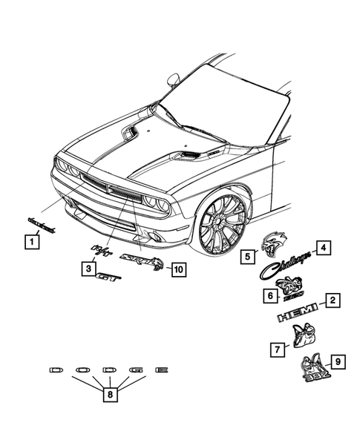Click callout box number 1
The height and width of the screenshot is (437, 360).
tap(30, 241)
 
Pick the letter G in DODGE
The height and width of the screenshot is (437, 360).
tap(134, 369)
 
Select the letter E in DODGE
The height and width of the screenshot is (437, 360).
tap(161, 369)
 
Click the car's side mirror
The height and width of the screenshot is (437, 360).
tap(174, 77)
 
